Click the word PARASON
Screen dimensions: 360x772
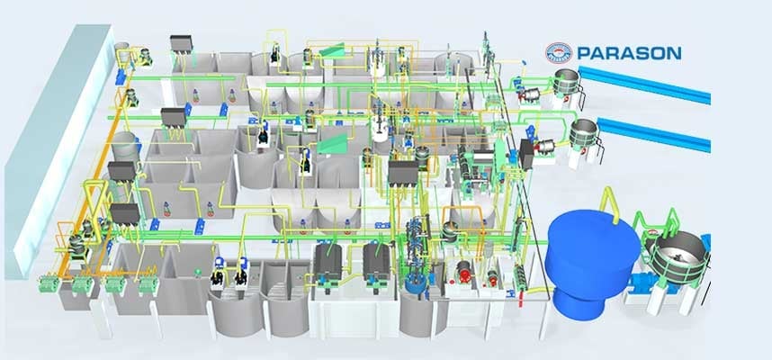point(630,53)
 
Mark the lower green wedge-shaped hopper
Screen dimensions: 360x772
point(332,142)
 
